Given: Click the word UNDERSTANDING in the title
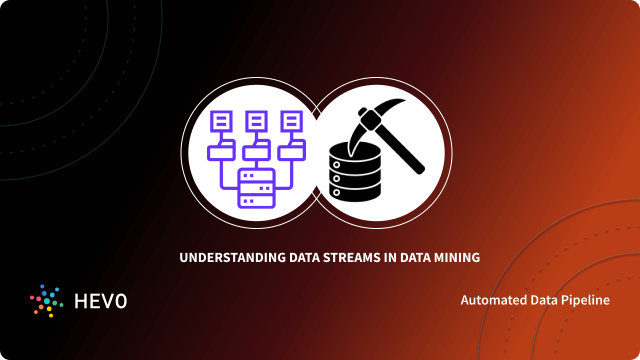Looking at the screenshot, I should point(232,258).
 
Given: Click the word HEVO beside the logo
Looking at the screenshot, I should point(100,301).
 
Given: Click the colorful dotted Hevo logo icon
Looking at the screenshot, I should point(46,301).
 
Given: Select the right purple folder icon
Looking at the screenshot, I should point(291,150).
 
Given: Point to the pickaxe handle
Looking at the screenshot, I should point(402,147).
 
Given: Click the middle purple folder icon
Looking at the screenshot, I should point(256,150).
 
